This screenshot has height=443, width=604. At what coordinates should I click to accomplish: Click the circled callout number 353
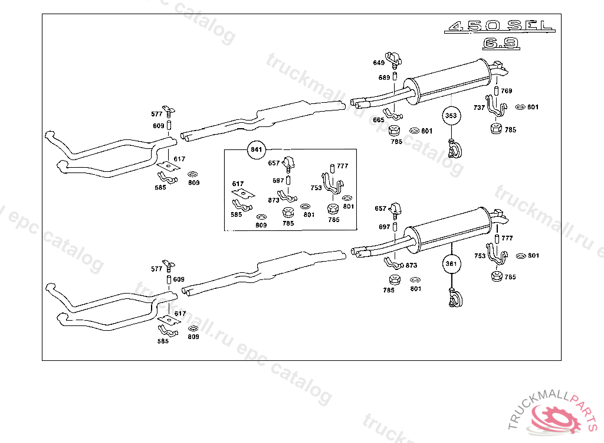click(451, 116)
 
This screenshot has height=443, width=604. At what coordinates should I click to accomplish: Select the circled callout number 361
click(451, 263)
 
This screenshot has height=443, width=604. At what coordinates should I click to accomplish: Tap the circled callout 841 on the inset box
click(256, 150)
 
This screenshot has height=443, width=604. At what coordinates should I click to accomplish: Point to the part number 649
click(378, 63)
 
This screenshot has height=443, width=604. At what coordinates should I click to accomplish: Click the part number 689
click(384, 77)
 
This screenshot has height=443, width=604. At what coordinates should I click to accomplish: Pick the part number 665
click(378, 120)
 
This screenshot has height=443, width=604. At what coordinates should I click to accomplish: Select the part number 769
click(507, 91)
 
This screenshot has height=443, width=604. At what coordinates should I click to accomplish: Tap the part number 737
click(479, 108)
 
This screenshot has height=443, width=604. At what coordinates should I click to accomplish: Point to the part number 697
click(384, 227)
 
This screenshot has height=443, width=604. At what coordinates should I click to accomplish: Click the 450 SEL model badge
click(499, 27)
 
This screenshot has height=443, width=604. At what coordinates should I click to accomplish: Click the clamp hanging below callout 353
click(454, 149)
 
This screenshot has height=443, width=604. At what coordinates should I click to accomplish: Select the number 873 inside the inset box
click(273, 200)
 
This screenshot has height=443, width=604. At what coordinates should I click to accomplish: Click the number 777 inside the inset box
click(343, 167)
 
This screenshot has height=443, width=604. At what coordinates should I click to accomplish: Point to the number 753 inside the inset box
click(316, 188)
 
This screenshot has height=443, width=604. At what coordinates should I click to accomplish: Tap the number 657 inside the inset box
click(274, 163)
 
